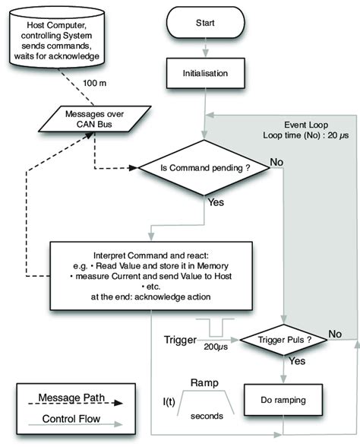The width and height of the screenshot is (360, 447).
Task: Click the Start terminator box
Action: point(204,23)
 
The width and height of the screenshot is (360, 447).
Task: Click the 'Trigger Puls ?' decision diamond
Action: point(283,340)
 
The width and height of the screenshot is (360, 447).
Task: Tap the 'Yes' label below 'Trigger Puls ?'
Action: point(296,363)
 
